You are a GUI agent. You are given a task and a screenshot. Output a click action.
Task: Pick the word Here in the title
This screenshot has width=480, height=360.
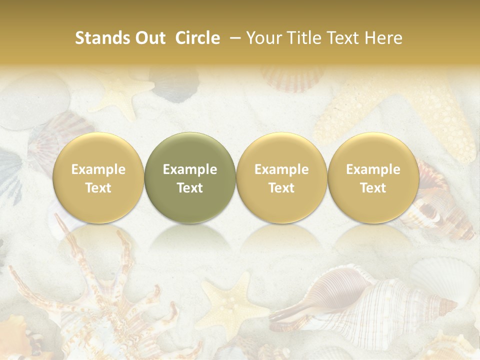(383, 38)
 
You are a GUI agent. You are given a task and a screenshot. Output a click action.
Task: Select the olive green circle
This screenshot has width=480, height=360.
(190, 177)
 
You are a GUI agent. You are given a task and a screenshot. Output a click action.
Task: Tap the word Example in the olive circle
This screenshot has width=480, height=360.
(190, 169)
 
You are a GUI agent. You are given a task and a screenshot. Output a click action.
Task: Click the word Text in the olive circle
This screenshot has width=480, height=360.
(190, 188)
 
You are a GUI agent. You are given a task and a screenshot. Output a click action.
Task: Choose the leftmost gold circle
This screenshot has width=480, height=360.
(98, 177)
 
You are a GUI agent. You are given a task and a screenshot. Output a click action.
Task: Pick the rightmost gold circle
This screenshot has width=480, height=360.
(373, 177)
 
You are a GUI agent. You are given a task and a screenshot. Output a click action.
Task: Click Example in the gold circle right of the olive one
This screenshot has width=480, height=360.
(281, 169)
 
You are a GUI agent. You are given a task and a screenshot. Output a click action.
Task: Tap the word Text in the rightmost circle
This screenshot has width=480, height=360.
(373, 188)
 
